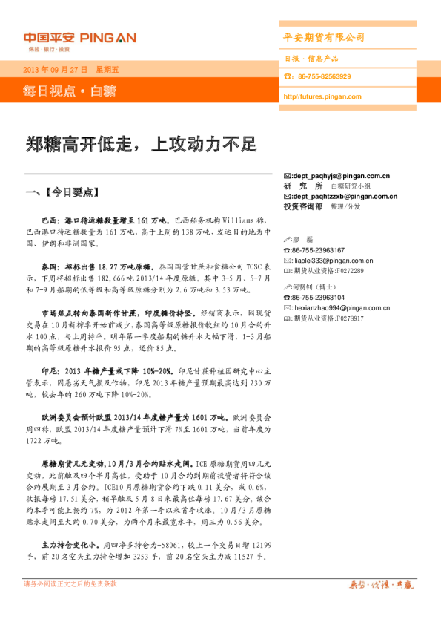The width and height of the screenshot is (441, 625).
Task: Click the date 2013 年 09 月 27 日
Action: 56,70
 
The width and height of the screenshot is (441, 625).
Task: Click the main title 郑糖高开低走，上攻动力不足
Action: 141,144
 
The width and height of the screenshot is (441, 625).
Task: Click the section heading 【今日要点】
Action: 71,192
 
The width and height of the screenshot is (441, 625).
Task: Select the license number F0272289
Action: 348,271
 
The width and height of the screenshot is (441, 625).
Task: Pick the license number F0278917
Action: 348,318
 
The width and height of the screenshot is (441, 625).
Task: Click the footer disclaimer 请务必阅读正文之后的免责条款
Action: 71,584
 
